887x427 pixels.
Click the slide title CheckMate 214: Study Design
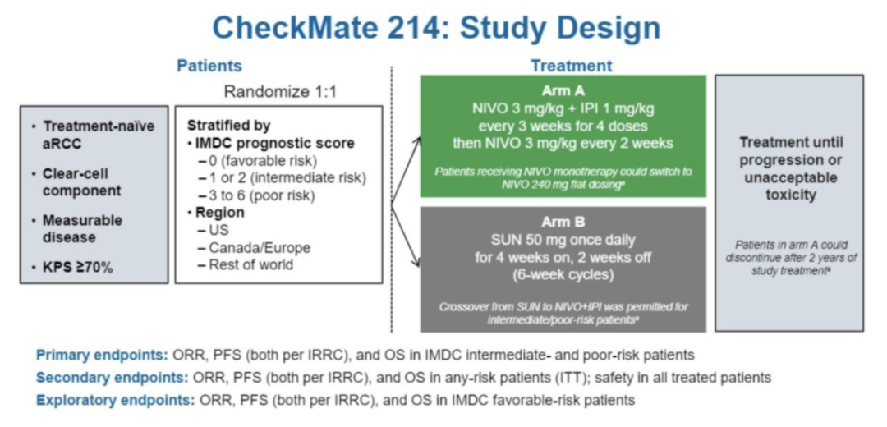point(436,27)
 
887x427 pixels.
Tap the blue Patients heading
point(209,66)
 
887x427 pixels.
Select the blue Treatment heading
point(571,66)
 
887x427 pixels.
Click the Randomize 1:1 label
point(280,91)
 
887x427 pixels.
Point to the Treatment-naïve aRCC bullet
point(98,135)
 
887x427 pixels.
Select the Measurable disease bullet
point(82,228)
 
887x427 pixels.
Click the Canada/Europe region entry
point(259,247)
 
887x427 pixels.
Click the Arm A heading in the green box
point(563,90)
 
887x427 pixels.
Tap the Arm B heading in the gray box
point(563,222)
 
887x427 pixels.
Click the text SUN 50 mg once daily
point(563,241)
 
